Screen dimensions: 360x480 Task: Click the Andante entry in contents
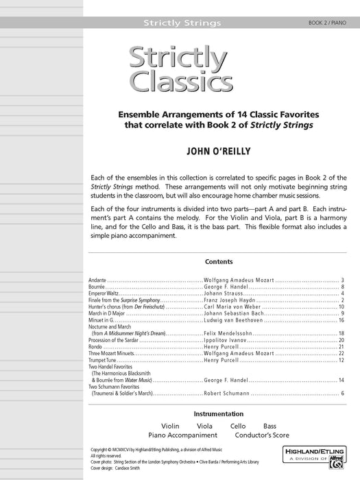pos(97,280)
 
